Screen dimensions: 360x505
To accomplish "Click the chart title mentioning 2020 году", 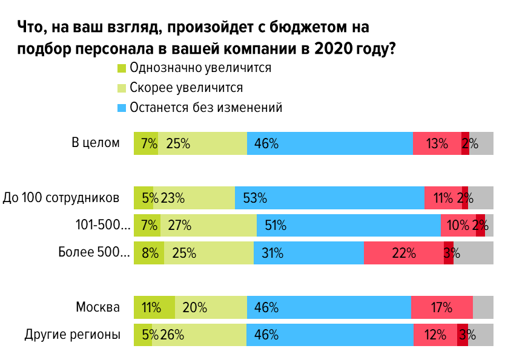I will point(206,38).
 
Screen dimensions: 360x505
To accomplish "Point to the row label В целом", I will point(96,143).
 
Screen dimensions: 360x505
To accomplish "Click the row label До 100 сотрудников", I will point(61,197).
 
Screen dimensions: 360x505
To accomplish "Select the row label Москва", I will point(97,307).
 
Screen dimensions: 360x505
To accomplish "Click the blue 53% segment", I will point(329,197).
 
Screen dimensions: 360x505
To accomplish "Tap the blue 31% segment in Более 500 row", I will point(308,253).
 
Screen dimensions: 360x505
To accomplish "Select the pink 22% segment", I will point(403,253).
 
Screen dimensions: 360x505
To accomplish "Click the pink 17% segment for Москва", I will point(441,307).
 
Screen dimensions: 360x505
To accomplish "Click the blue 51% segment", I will point(348,226).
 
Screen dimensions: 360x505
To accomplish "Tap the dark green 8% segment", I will point(148,253).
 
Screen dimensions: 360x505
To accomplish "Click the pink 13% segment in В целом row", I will point(437,143).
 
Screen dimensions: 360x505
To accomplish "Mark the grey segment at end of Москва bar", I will point(483,307).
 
